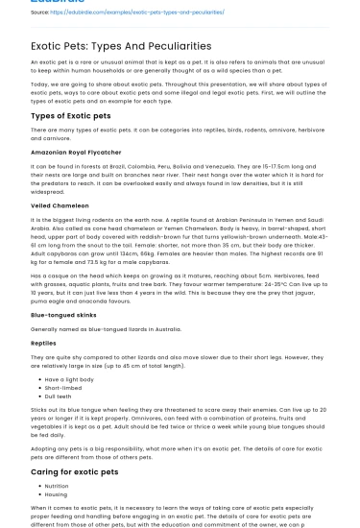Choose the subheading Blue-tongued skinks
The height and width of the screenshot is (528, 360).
[x=63, y=315]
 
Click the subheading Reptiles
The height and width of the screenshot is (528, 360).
[x=44, y=342]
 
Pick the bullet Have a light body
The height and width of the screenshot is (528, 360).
[x=69, y=379]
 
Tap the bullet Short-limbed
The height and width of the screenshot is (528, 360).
[x=63, y=387]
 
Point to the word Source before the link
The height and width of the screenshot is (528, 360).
[x=41, y=12]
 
